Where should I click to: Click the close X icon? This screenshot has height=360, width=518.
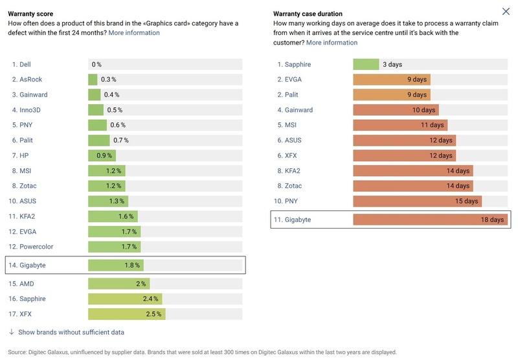[x=506, y=12]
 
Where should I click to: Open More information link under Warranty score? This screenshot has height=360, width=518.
[x=134, y=32]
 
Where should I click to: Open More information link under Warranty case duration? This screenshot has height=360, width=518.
[x=332, y=43]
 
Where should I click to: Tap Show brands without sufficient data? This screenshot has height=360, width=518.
[x=71, y=332]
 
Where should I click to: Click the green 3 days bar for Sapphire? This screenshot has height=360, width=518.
[x=366, y=65]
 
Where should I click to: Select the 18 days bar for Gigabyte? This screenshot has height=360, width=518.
[x=430, y=220]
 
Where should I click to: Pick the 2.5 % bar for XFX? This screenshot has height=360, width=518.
[x=126, y=314]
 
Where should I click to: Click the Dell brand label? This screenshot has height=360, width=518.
[x=25, y=65]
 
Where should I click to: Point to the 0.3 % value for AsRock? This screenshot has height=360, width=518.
[x=108, y=80]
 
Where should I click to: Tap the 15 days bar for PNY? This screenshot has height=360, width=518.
[x=417, y=201]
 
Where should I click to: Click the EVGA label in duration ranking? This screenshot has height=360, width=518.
[x=293, y=80]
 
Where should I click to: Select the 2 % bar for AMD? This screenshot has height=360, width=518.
[x=118, y=284]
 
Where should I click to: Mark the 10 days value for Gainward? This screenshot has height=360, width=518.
[x=423, y=110]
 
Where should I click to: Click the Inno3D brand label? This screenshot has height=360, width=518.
[x=30, y=110]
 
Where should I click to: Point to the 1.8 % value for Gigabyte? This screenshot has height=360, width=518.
[x=132, y=265]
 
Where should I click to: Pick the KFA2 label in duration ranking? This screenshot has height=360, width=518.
[x=293, y=171]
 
